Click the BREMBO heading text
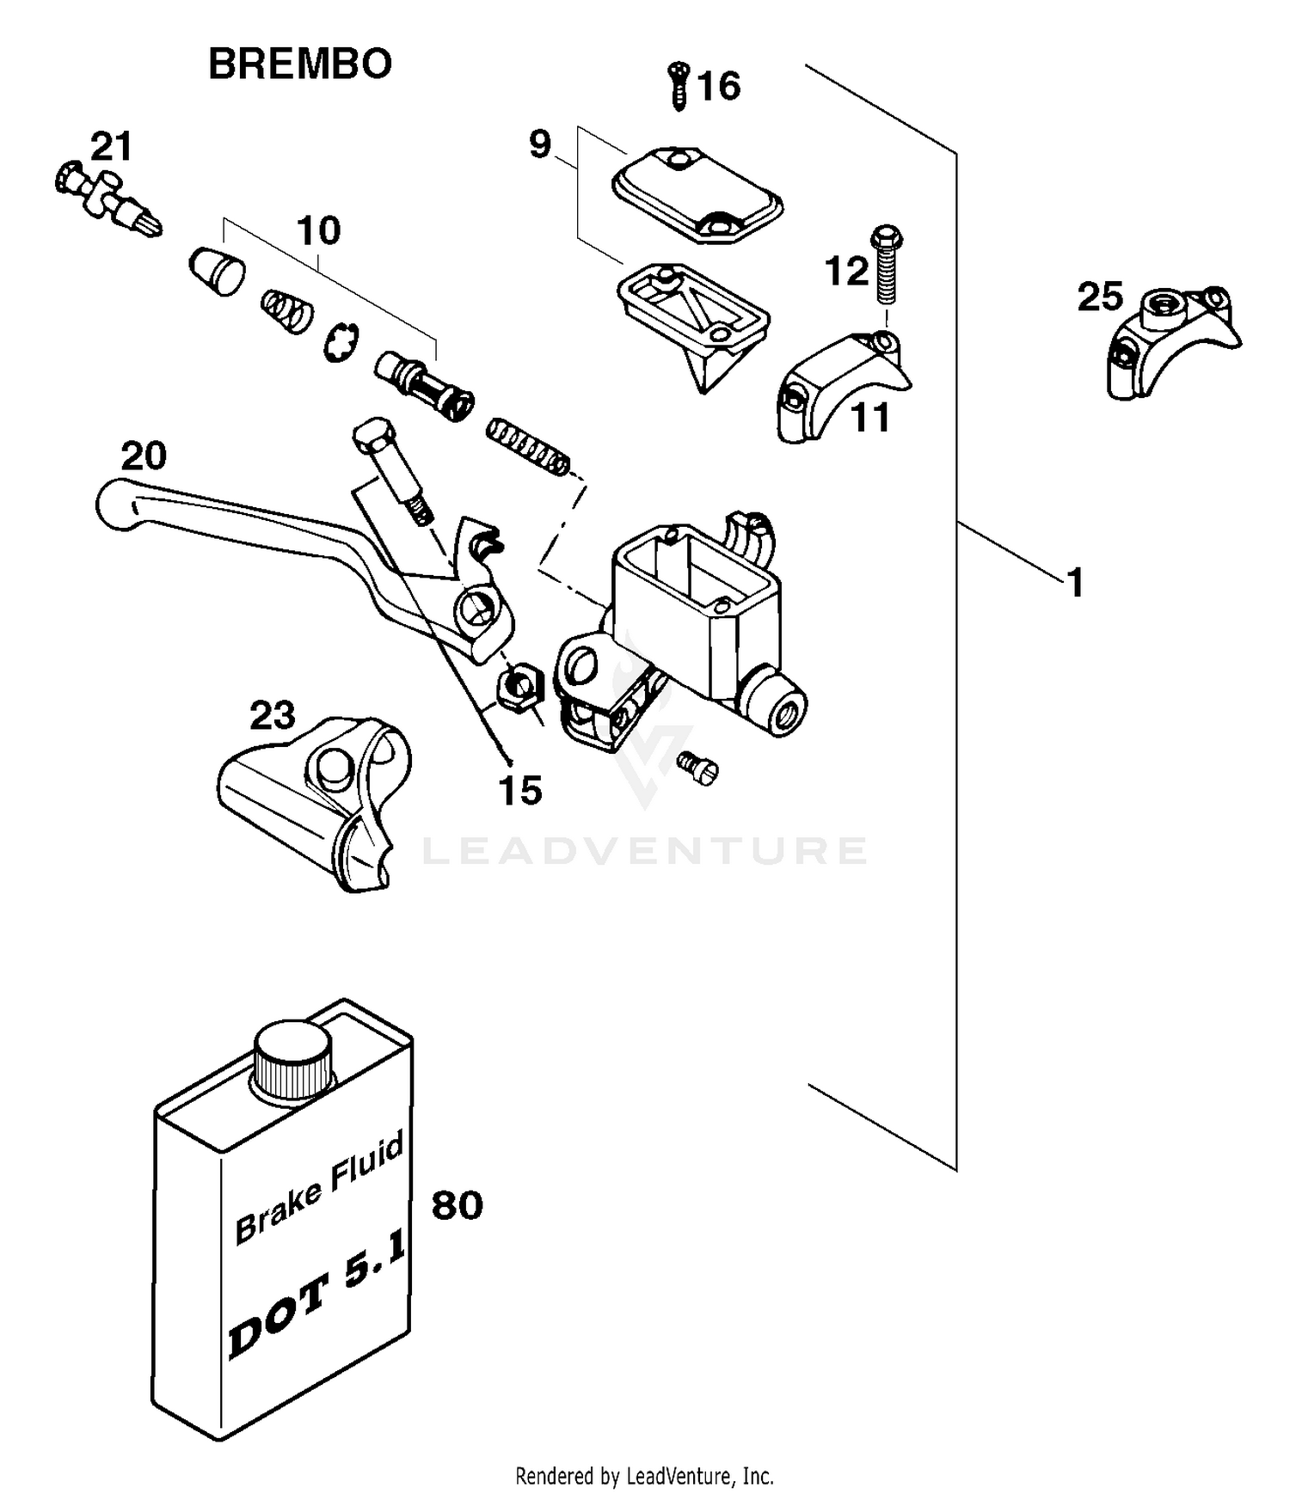[300, 64]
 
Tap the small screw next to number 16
[679, 85]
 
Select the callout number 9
[539, 144]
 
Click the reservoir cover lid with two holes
[697, 193]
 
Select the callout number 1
[1075, 583]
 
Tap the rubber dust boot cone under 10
[217, 270]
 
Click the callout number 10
[318, 230]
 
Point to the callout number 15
[520, 790]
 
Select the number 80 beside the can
[457, 1205]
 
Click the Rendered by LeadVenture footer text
[644, 1476]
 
